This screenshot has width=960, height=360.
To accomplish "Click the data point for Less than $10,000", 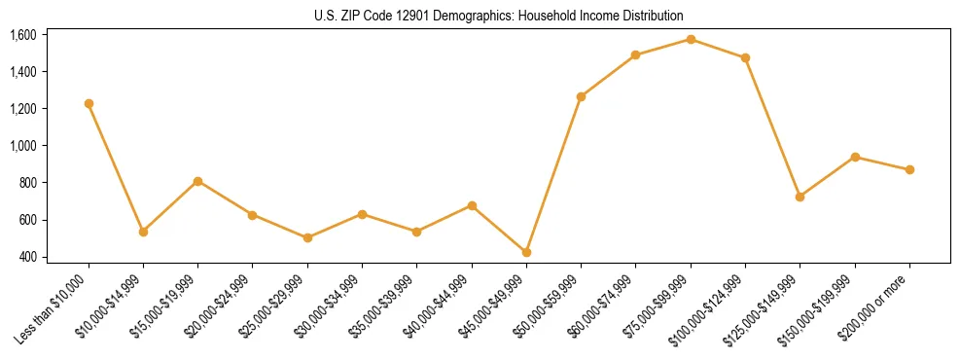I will (x=89, y=103).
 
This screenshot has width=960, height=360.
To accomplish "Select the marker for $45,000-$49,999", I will (x=526, y=252).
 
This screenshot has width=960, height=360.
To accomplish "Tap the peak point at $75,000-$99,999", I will (x=691, y=39).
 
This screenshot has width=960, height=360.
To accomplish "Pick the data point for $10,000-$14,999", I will (x=143, y=232).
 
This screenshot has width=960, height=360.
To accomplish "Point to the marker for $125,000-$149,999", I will (x=800, y=197).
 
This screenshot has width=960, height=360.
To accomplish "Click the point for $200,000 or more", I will (x=909, y=169).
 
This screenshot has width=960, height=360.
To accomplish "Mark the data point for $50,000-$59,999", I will (x=581, y=96).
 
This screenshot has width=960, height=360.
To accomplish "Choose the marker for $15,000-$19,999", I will (x=197, y=181).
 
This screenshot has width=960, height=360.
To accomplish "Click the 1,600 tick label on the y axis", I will (x=22, y=35).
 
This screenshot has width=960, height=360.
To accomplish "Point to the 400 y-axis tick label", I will (x=27, y=257).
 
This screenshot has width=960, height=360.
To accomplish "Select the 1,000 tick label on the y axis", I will (x=22, y=146).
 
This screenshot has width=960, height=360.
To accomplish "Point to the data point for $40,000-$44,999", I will (x=472, y=205).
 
